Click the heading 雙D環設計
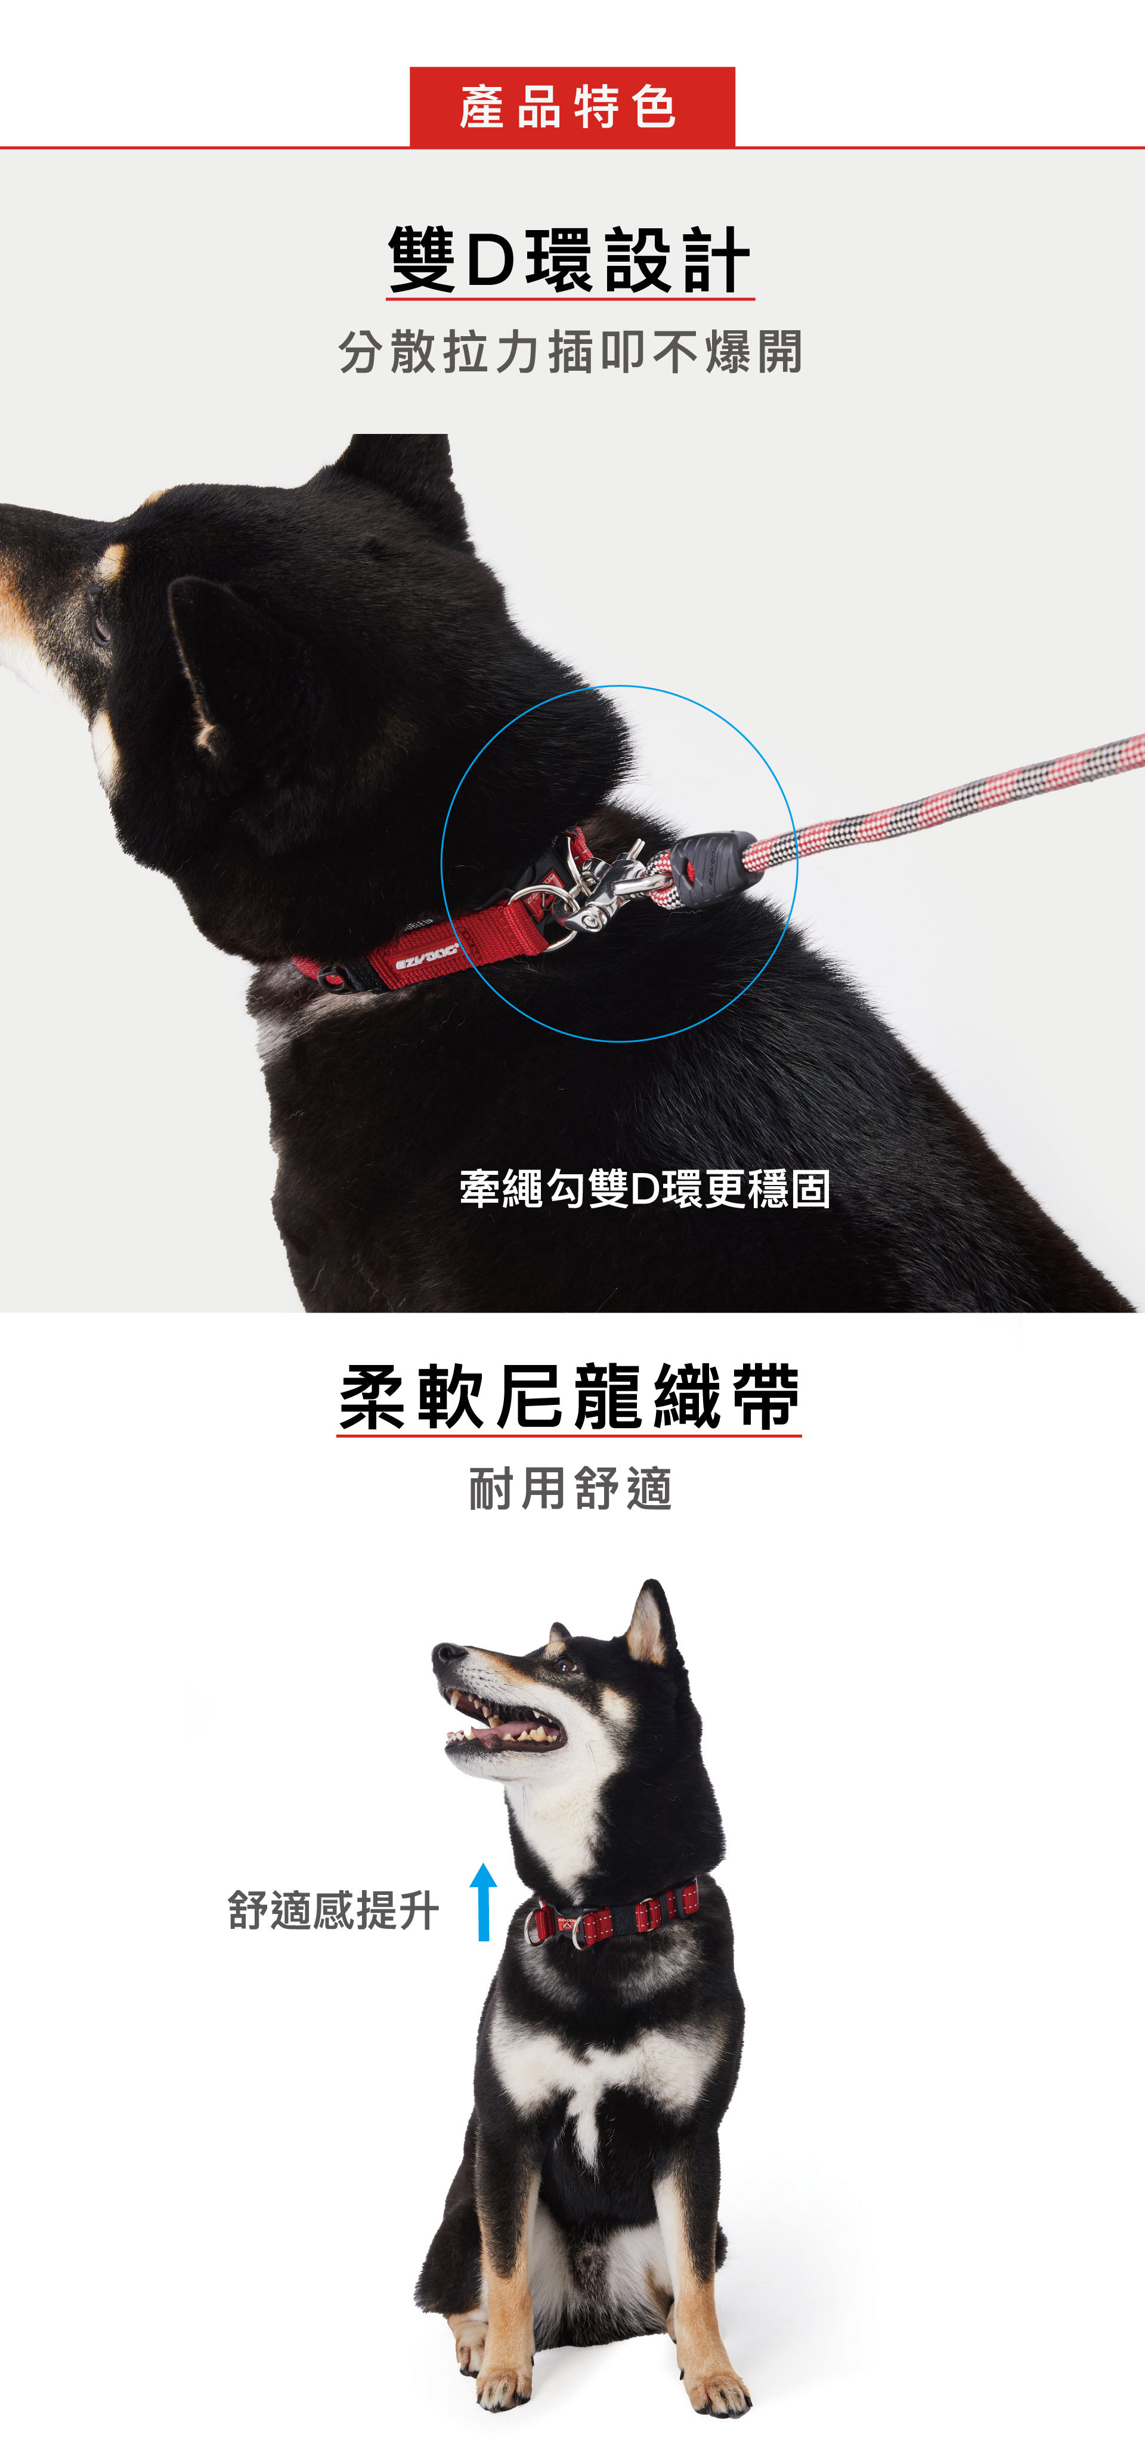tap(570, 259)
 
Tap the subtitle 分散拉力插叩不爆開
tap(571, 352)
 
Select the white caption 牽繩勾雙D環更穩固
tap(645, 1189)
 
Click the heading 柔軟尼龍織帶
tap(570, 1397)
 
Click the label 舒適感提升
tap(333, 1910)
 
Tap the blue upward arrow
tap(484, 1902)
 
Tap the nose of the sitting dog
tap(445, 1653)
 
